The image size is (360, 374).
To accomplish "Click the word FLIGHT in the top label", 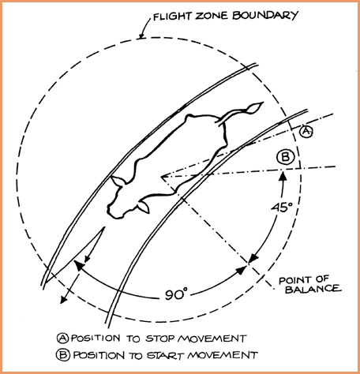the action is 171,17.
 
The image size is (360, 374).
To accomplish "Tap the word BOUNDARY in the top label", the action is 265,15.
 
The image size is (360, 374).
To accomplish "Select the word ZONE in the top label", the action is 212,16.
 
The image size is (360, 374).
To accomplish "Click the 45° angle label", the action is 282,208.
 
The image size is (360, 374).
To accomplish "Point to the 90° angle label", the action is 176,294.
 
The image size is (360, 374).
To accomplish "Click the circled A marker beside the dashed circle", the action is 306,131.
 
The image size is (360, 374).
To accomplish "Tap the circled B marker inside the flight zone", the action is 286,157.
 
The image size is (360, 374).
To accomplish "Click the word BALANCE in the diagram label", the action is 313,290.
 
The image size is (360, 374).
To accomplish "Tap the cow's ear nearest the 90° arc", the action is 144,207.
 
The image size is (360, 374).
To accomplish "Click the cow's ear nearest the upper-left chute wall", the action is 117,181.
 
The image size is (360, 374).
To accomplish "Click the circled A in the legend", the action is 63,338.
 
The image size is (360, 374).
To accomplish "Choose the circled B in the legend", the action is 63,355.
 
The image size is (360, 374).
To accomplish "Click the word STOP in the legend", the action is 160,338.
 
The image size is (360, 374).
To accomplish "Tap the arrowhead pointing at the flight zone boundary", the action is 141,36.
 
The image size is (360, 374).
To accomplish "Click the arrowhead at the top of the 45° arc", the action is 283,175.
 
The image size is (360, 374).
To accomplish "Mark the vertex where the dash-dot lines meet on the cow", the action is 162,177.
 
